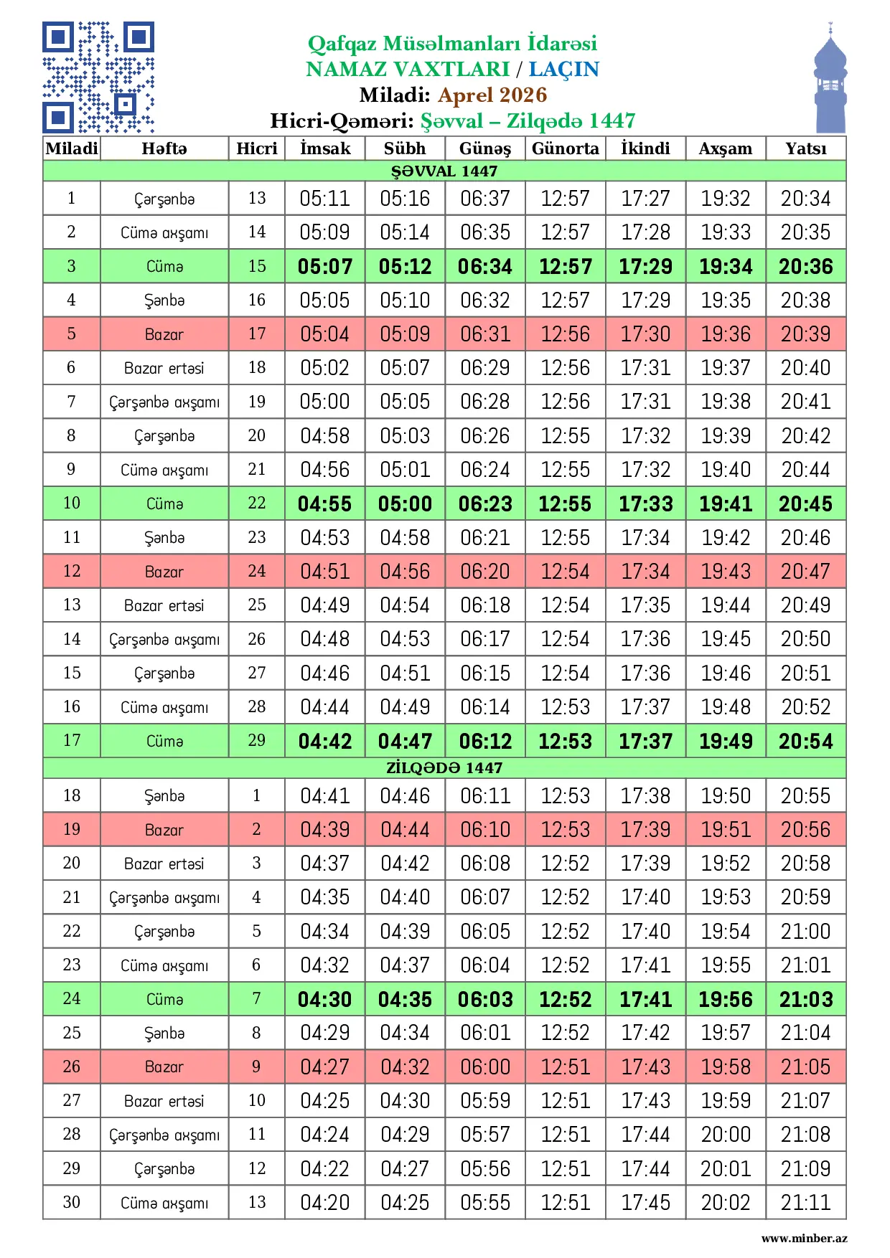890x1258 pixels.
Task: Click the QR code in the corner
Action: coord(98,77)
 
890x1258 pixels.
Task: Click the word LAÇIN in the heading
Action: coord(563,69)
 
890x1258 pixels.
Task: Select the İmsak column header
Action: coord(325,148)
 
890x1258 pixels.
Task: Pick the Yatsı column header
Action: coord(805,148)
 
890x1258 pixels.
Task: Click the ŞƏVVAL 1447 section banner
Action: coord(444,171)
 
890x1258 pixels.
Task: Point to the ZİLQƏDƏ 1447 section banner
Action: coord(444,768)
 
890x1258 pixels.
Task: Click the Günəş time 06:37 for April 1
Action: coord(485,199)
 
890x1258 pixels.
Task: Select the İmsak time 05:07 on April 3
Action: coord(325,267)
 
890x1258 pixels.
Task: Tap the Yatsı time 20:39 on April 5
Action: coord(805,334)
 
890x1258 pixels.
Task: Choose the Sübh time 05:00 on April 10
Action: coord(405,503)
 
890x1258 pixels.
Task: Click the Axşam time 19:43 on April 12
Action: coord(726,572)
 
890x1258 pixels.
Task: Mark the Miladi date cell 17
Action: coord(72,740)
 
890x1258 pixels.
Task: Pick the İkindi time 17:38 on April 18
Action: coord(645,796)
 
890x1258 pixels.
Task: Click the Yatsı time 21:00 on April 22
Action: coord(805,932)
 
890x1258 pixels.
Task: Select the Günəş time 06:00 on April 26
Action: coord(485,1067)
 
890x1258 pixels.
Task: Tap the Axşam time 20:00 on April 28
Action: coord(726,1135)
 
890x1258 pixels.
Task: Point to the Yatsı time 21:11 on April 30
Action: coord(805,1203)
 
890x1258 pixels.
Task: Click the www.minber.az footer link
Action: coord(804,1239)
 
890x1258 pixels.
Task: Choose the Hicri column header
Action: coord(257,148)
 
